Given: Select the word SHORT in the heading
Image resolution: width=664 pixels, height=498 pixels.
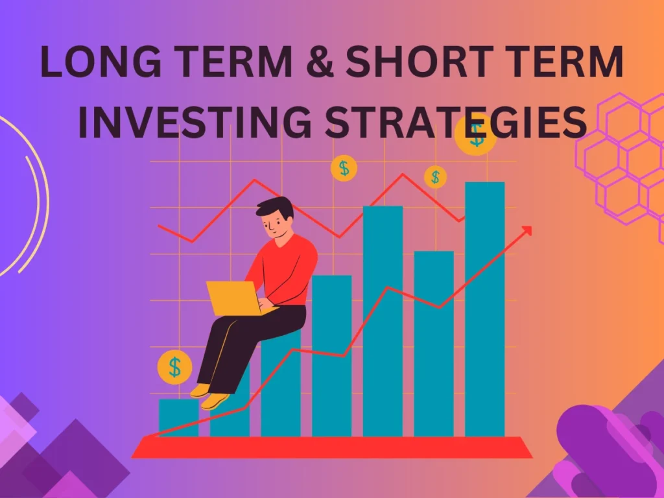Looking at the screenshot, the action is tap(420, 62).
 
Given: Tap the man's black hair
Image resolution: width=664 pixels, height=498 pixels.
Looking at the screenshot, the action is tap(275, 207).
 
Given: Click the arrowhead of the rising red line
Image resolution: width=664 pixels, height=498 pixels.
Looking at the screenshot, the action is tap(527, 231).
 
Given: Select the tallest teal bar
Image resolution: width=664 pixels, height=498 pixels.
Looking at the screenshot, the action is tap(485, 309).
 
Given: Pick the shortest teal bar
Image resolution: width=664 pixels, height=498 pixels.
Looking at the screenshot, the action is tap(179, 418).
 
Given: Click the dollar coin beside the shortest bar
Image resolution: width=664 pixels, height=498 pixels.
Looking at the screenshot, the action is tap(174, 367).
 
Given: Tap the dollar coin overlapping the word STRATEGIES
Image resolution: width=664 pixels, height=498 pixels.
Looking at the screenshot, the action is tap(475, 135).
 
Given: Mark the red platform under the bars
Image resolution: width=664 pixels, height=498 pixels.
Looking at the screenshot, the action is tap(332, 447).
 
